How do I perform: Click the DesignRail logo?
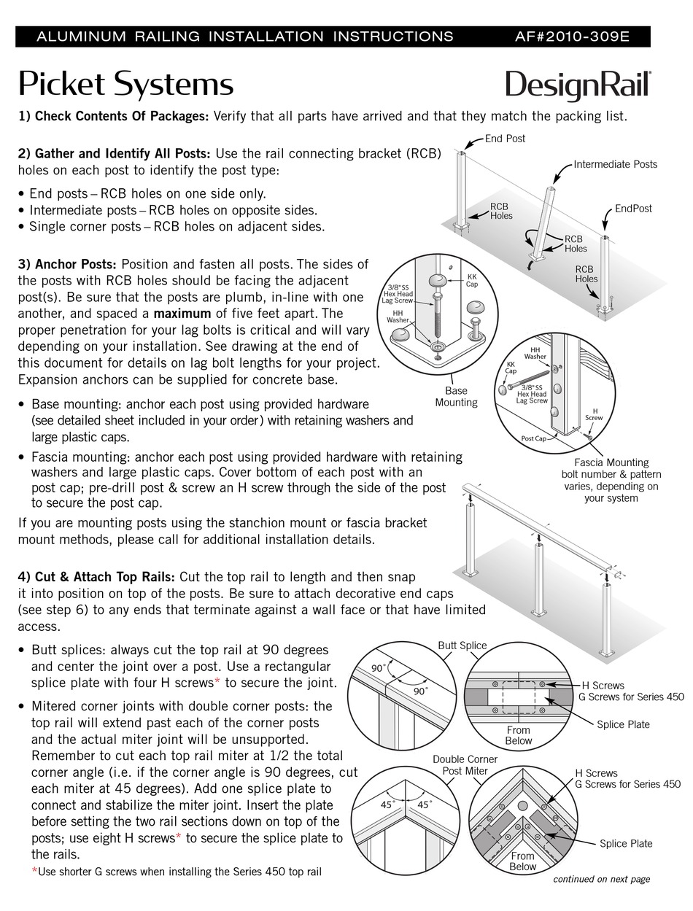point(578,85)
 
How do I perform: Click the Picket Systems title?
point(125,84)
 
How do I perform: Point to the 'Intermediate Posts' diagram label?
point(615,164)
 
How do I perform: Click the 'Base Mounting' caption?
point(456,397)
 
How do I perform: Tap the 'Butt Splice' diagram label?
point(462,645)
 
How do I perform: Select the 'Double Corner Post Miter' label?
point(465,764)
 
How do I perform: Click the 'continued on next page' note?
point(601,879)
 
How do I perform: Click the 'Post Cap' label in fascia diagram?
point(534,438)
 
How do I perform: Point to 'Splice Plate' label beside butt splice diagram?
point(622,724)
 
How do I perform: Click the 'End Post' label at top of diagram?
point(505,138)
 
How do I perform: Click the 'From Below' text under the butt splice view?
point(519,735)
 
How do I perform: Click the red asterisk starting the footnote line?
point(34,872)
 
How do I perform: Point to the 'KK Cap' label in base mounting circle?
point(471,279)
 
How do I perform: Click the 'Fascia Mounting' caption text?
point(611,462)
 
